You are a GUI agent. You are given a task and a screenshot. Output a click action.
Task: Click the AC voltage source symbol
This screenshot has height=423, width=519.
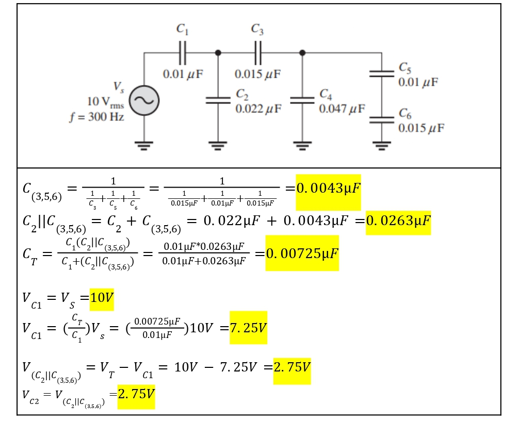(144, 101)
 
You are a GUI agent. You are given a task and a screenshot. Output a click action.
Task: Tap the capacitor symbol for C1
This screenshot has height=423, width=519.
(183, 53)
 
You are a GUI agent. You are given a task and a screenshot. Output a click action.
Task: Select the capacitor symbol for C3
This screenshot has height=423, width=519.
(258, 53)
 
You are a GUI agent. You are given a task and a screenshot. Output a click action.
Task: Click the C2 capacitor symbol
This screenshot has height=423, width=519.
(218, 100)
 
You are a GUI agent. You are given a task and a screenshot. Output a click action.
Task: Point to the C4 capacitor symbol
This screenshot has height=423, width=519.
(302, 100)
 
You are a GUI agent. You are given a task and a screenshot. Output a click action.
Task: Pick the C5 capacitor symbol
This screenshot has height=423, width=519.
(382, 74)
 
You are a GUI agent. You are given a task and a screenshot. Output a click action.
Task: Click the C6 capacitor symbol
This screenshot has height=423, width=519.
(382, 120)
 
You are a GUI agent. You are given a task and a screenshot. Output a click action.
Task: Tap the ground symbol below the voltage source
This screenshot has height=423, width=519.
(144, 145)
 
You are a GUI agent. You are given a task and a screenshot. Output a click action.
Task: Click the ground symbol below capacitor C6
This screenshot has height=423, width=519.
(382, 145)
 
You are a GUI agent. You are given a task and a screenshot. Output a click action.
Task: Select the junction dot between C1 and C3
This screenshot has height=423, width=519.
(218, 53)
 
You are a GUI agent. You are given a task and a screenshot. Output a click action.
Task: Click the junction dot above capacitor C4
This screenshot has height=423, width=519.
(302, 53)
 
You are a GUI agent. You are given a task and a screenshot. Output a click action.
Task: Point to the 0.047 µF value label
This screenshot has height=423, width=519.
(342, 108)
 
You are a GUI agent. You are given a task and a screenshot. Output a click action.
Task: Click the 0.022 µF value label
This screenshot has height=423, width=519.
(258, 108)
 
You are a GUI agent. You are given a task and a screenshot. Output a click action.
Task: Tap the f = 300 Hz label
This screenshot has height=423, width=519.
(96, 116)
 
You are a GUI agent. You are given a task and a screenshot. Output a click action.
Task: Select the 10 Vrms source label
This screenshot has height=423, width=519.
(106, 102)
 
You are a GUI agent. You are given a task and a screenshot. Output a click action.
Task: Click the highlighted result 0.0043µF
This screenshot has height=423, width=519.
(328, 189)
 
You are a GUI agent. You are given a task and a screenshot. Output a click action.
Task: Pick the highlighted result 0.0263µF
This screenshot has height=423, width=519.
(398, 221)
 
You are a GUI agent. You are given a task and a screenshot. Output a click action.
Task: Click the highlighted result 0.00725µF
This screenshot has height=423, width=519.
(302, 253)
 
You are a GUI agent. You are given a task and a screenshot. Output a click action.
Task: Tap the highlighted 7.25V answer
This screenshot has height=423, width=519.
(248, 328)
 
